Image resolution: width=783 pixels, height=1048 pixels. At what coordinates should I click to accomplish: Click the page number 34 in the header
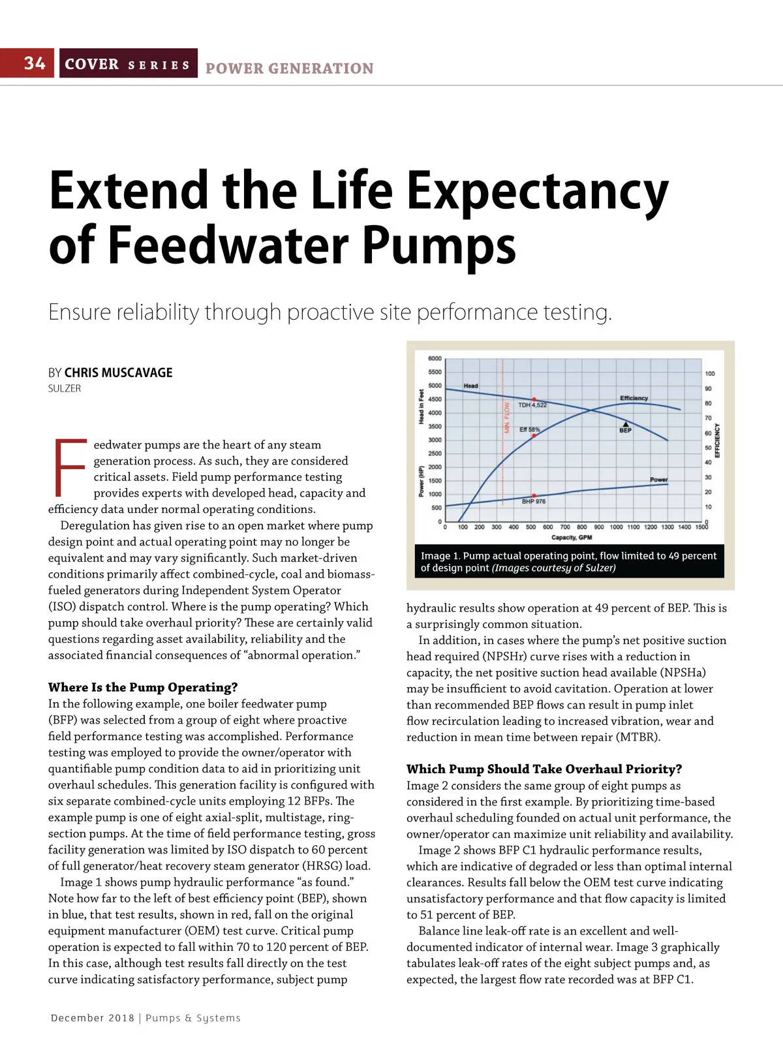coord(35,63)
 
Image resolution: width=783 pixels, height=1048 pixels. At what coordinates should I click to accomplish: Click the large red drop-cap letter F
coord(69,468)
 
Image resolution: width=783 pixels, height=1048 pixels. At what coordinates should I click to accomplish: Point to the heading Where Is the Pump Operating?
coord(143,687)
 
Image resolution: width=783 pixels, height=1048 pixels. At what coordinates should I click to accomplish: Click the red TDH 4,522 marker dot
coord(534,399)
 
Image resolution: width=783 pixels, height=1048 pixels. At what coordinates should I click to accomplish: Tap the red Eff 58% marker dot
coord(534,435)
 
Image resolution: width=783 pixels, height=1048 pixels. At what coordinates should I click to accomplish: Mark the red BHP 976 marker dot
coord(534,496)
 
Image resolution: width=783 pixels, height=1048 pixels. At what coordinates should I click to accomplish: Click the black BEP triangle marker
coord(625,424)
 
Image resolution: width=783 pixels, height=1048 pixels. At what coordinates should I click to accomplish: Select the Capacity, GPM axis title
coord(572,538)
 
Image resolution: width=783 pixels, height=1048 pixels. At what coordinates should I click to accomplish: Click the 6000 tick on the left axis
coord(435,359)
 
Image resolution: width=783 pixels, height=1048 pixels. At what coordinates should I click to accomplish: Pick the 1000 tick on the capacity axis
coord(616,527)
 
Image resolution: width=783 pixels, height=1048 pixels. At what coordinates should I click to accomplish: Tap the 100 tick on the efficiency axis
coord(710,374)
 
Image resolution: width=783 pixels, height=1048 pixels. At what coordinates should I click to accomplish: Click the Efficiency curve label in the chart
coord(634,398)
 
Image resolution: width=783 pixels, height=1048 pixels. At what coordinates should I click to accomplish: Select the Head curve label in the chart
coord(470,386)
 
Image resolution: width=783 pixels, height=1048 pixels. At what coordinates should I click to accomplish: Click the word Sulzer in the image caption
coord(600,568)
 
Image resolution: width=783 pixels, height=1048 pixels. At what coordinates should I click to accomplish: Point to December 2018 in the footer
coord(93,1018)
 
